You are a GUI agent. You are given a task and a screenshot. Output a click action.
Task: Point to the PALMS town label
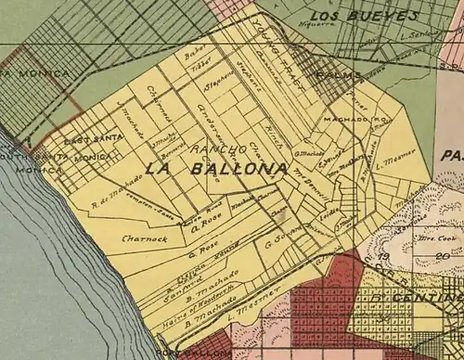click(332, 73)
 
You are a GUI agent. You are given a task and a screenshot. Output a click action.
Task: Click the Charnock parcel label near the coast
click(143, 238)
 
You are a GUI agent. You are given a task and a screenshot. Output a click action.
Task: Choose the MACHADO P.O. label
click(348, 120)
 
